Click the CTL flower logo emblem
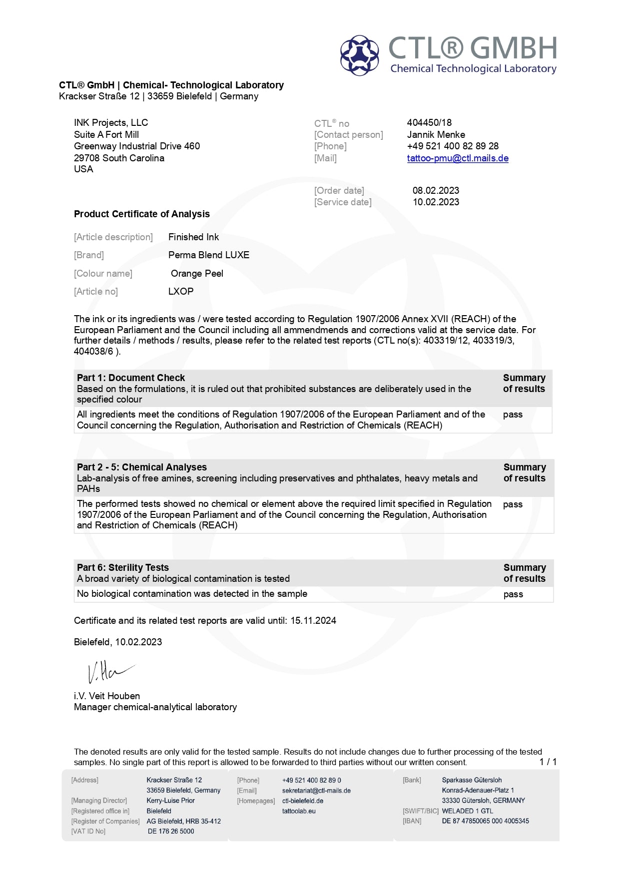pyautogui.click(x=359, y=55)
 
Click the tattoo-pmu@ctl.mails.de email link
pyautogui.click(x=458, y=158)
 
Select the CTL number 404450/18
pyautogui.click(x=429, y=122)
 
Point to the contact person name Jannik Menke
pyautogui.click(x=436, y=134)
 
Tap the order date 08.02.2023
pyautogui.click(x=436, y=190)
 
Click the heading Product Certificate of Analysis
pyautogui.click(x=142, y=214)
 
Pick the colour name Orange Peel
pyautogui.click(x=197, y=273)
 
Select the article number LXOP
pyautogui.click(x=181, y=291)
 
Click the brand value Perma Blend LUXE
pyautogui.click(x=209, y=255)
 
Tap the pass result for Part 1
pyautogui.click(x=513, y=415)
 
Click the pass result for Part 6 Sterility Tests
pyautogui.click(x=513, y=594)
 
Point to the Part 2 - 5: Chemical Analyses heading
pyautogui.click(x=142, y=467)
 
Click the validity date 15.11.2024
pyautogui.click(x=313, y=620)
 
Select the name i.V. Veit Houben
pyautogui.click(x=107, y=696)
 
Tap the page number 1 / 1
pyautogui.click(x=548, y=762)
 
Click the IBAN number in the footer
pyautogui.click(x=485, y=821)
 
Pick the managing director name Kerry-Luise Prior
pyautogui.click(x=170, y=801)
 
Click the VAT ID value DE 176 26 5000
pyautogui.click(x=171, y=832)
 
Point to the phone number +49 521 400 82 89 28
pyautogui.click(x=453, y=146)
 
